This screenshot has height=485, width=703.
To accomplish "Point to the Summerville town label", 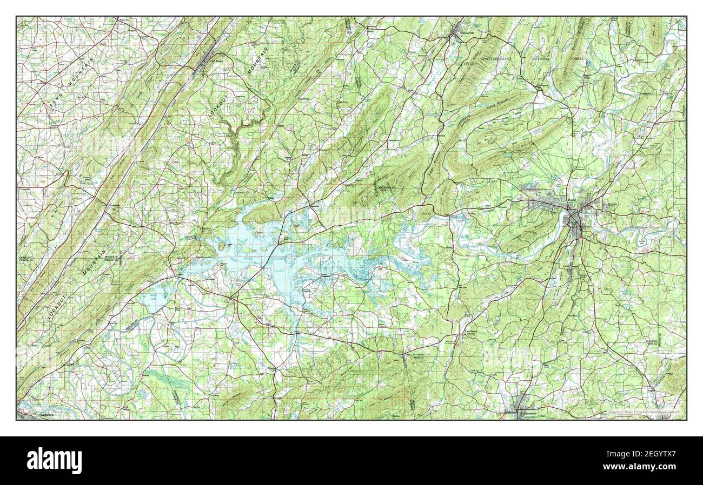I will [467, 32].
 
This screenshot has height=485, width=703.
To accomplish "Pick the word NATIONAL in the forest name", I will [541, 58].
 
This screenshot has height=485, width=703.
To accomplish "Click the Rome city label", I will [573, 200].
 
